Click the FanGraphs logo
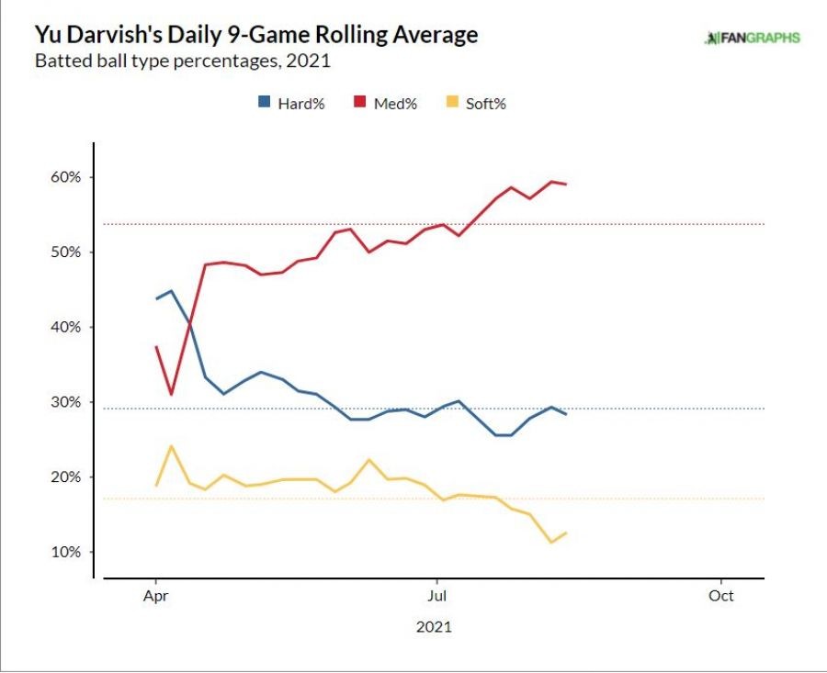click(x=752, y=38)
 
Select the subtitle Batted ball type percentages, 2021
click(x=182, y=62)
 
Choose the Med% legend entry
click(x=386, y=104)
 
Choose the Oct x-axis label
click(x=721, y=596)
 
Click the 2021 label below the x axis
click(x=434, y=628)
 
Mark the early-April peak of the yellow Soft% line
click(x=171, y=446)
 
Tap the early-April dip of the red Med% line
click(x=171, y=395)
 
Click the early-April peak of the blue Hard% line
click(x=171, y=291)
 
